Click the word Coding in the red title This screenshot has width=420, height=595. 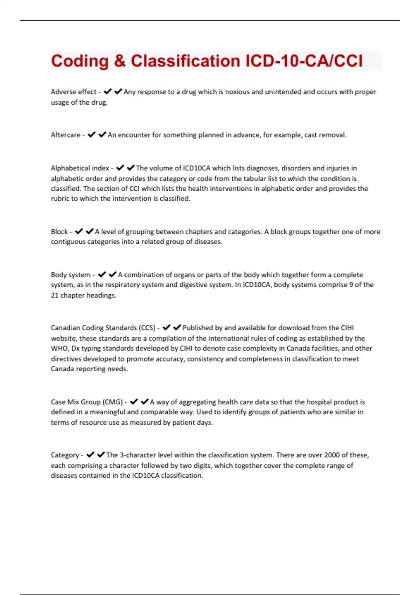point(80,61)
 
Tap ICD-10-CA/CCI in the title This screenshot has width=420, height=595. point(304,61)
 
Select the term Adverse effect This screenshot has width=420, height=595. point(73,92)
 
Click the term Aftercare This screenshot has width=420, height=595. point(65,135)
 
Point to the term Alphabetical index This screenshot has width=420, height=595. point(80,168)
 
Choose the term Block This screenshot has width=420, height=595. point(59,232)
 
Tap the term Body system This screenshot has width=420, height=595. point(70,275)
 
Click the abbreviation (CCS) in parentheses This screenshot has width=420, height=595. point(147,328)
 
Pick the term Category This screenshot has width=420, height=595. point(65,455)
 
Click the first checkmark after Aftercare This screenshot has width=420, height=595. point(92,135)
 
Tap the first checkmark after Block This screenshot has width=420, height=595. point(79,231)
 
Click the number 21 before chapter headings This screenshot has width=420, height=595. point(55,295)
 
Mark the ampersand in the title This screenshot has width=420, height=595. point(120,61)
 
